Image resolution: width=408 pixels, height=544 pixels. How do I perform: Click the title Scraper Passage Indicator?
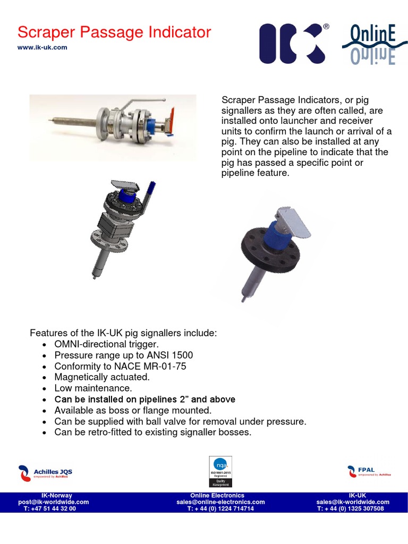pos(114,32)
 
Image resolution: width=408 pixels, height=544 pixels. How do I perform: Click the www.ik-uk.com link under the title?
pos(42,47)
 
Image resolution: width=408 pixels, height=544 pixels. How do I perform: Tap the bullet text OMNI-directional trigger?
pos(106,344)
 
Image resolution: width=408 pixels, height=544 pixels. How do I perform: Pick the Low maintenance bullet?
pos(93,388)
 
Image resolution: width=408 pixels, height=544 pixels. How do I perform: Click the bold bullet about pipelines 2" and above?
pos(144,399)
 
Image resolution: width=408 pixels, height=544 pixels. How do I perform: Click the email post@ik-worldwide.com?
pos(53,501)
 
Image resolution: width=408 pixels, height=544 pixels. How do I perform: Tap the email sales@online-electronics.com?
pos(220,501)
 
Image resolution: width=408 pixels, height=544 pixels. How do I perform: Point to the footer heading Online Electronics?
pos(220,495)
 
